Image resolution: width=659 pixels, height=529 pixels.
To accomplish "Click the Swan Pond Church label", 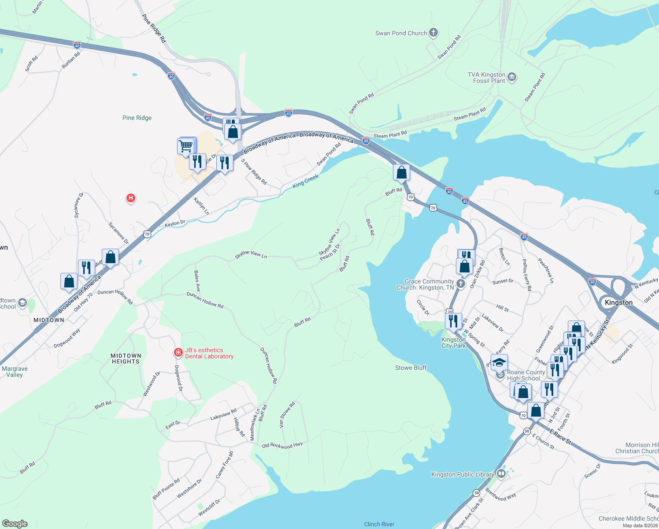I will click(x=401, y=33).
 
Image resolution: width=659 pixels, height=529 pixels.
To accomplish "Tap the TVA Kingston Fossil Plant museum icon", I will click(x=512, y=78).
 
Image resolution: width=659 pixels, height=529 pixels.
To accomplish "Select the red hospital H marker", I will click(x=130, y=198).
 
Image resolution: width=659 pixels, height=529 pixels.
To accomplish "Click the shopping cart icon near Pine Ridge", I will click(x=186, y=146).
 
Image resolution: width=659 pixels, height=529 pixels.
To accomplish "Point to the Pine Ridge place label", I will click(x=137, y=118).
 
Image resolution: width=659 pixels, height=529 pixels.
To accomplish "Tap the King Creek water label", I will click(x=305, y=181).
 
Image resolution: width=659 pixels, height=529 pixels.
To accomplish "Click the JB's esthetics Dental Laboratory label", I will click(x=209, y=353).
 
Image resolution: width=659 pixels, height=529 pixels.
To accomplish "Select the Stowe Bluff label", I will click(x=411, y=368).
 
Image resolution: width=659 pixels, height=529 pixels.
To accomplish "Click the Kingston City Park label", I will click(x=453, y=343).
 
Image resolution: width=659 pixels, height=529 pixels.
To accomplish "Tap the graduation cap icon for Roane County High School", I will click(x=499, y=363).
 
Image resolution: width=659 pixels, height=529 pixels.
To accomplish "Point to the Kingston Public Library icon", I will click(x=501, y=474).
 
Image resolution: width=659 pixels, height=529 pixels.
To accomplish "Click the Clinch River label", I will click(x=379, y=524).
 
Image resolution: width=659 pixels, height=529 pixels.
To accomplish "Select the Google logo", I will click(x=15, y=523).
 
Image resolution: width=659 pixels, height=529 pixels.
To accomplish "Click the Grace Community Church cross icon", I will click(x=461, y=283).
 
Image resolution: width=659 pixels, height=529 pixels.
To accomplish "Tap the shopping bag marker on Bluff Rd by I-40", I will click(x=401, y=172).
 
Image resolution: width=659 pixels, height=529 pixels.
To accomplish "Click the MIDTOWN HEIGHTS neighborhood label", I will click(x=126, y=358).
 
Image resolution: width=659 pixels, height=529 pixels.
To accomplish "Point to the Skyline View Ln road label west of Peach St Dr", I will click(x=251, y=254).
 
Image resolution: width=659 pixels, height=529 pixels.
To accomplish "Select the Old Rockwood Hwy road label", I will click(x=282, y=445).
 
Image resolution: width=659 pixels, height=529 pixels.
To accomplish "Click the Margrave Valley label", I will click(x=15, y=372).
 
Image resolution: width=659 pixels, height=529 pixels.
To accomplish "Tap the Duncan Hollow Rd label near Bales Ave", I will click(x=205, y=300).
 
